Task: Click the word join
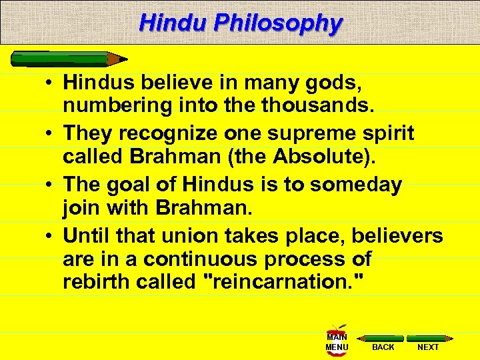point(79,207)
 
